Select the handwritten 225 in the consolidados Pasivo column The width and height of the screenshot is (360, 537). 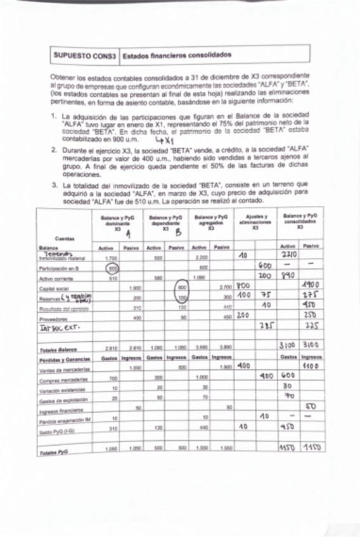tap(311, 328)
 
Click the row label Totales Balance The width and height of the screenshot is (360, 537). tap(58, 349)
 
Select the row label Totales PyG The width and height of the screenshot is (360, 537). tap(55, 453)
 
